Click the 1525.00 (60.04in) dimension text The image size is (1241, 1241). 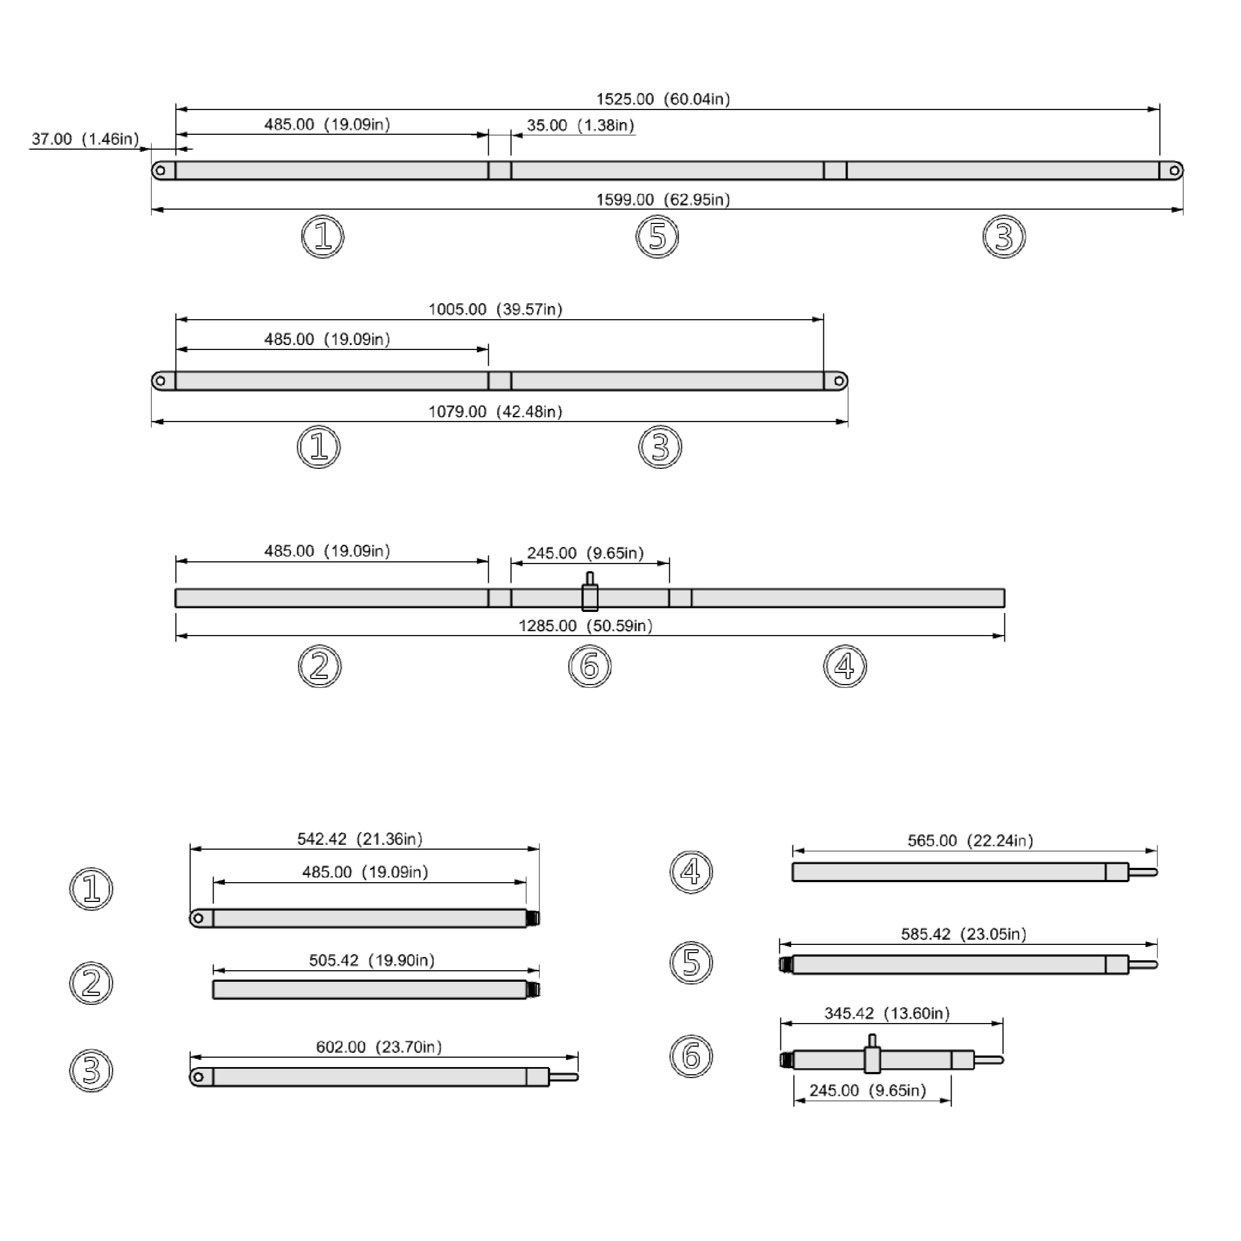click(x=663, y=100)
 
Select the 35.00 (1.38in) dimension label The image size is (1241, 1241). click(x=580, y=125)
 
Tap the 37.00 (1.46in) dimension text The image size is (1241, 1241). click(x=85, y=139)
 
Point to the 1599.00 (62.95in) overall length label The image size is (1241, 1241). click(x=663, y=200)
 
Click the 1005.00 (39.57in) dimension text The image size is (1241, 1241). click(x=495, y=310)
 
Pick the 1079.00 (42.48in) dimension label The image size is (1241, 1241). click(x=495, y=412)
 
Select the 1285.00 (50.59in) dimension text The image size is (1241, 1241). click(x=585, y=626)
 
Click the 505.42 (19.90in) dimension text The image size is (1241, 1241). click(x=372, y=961)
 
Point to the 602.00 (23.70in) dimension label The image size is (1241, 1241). click(x=379, y=1048)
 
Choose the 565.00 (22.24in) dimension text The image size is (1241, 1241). click(x=970, y=841)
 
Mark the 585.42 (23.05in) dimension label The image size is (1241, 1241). click(x=964, y=934)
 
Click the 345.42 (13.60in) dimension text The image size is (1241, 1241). click(x=887, y=1014)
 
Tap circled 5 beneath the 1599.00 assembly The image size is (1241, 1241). click(x=657, y=237)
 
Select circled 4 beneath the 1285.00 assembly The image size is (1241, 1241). click(x=845, y=666)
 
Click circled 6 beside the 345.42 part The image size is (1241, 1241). click(x=691, y=1056)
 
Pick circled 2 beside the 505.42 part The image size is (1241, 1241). click(x=91, y=983)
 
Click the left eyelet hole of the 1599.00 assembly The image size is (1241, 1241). click(x=161, y=171)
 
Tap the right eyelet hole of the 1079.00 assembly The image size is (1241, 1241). click(x=839, y=381)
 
